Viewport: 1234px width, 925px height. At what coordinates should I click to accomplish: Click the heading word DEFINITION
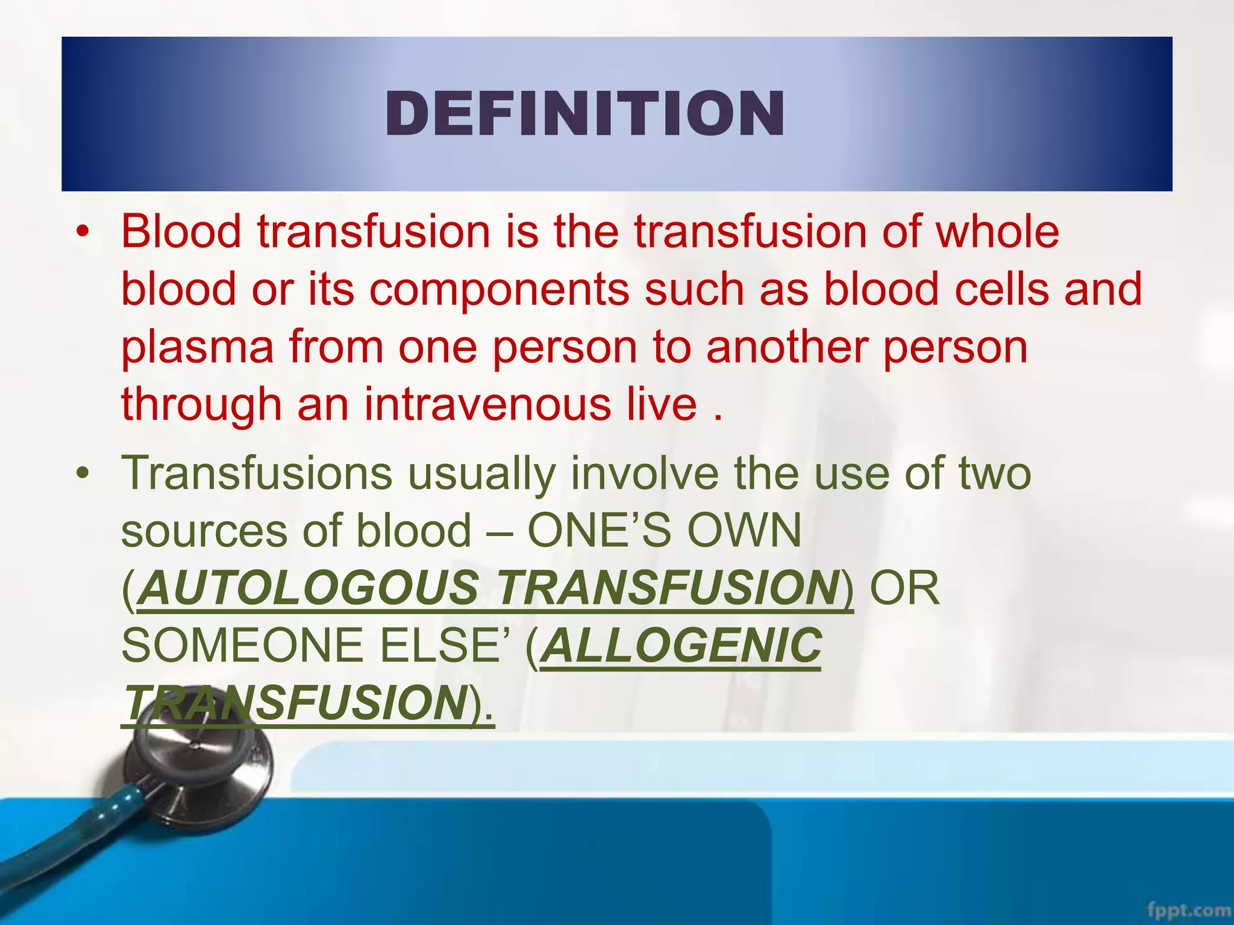pyautogui.click(x=584, y=114)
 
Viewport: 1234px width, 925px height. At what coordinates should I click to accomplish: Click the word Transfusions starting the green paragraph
pyautogui.click(x=257, y=474)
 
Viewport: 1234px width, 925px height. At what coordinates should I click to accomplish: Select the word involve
pyautogui.click(x=645, y=474)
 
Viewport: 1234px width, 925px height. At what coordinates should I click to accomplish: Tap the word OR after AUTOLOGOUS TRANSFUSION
pyautogui.click(x=904, y=588)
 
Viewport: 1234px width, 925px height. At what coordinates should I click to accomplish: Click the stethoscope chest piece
pyautogui.click(x=199, y=771)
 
